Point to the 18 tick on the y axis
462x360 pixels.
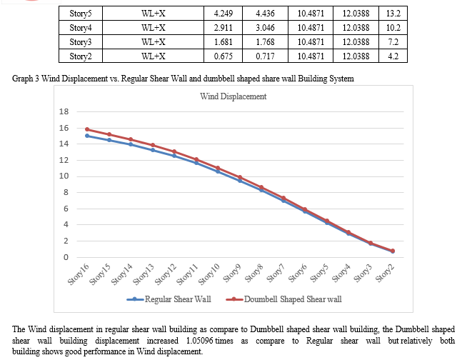[x=63, y=112]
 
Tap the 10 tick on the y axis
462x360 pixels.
[x=63, y=176]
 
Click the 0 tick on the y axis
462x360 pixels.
[x=65, y=257]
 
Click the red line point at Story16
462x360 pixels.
[x=87, y=129]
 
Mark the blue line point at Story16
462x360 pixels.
[x=87, y=136]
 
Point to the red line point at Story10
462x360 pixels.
[x=219, y=169]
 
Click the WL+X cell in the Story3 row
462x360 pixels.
[x=154, y=41]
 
